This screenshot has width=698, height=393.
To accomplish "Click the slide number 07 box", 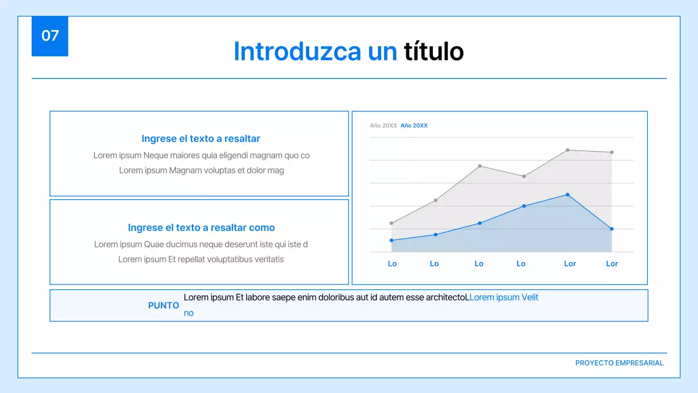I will (x=50, y=36).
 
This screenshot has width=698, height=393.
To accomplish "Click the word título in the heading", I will (x=434, y=52).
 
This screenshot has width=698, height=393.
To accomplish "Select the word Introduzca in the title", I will (x=297, y=52).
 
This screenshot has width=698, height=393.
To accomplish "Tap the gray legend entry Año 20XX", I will (x=383, y=126).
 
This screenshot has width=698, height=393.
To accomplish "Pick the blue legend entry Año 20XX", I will (x=414, y=126).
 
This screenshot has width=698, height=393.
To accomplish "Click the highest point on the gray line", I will (x=568, y=150).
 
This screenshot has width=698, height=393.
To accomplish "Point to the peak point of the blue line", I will (x=568, y=194).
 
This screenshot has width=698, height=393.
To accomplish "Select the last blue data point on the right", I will (x=612, y=229).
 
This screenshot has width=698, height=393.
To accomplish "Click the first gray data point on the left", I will (x=392, y=223).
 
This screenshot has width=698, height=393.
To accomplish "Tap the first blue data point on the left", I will (x=392, y=240).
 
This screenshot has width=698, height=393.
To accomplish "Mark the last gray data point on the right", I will (x=612, y=152).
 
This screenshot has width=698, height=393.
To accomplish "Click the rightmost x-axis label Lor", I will (x=612, y=264).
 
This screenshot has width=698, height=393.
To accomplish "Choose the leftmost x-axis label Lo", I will (x=392, y=264).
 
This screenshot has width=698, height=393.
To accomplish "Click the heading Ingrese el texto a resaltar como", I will (x=201, y=228).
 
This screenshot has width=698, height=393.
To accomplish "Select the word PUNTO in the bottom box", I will (x=164, y=306).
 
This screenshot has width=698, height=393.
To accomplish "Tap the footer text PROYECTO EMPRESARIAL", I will (x=619, y=363).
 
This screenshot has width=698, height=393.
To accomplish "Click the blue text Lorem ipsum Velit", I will (x=504, y=297).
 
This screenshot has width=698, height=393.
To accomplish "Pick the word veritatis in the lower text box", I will (x=264, y=259).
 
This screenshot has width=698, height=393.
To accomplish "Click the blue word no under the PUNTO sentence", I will (x=189, y=313).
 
